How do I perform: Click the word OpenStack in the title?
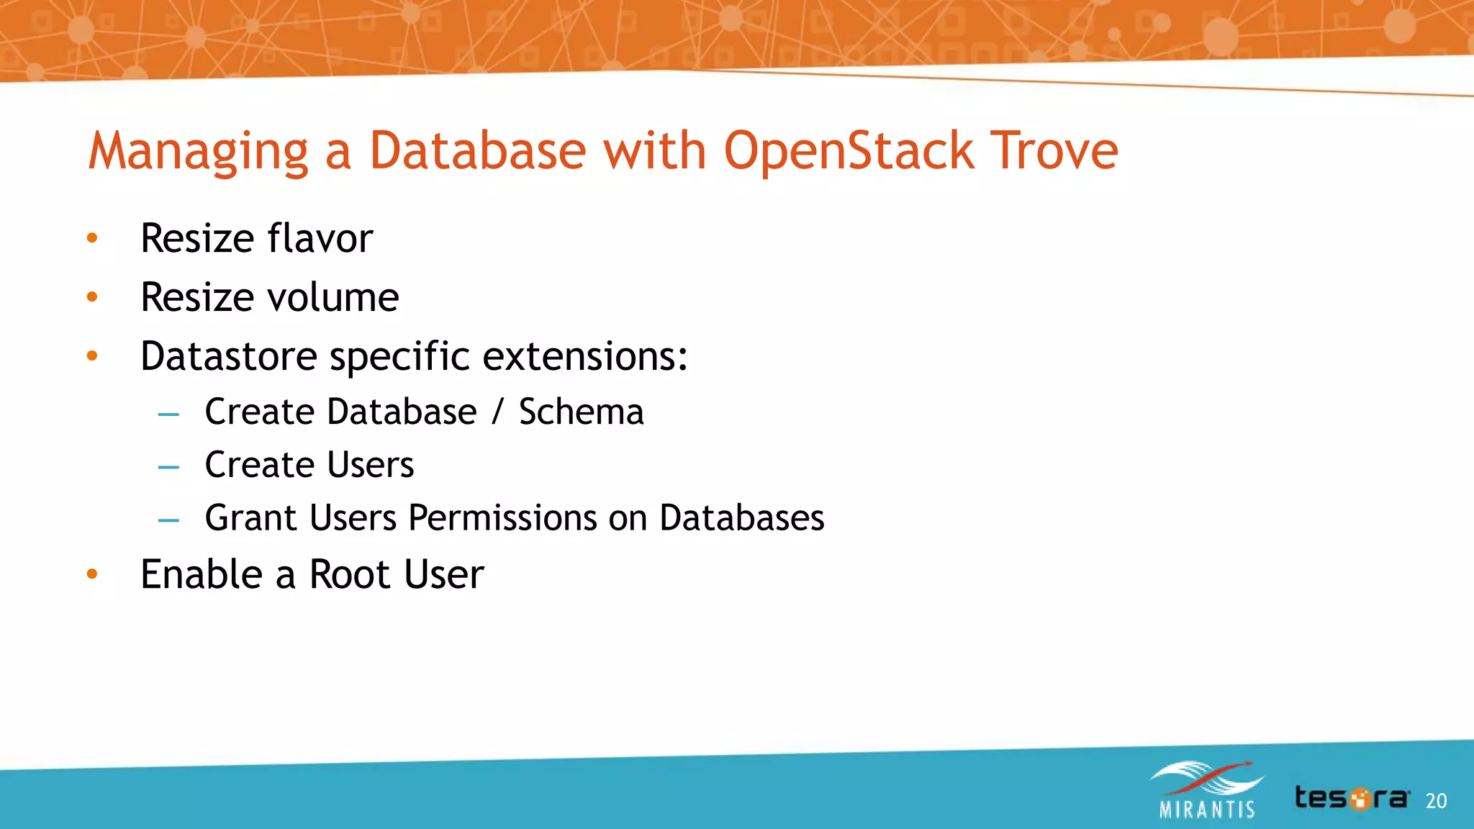tap(849, 151)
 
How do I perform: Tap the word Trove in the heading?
tap(1054, 151)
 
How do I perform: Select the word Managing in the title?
tap(199, 153)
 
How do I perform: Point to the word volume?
tap(333, 297)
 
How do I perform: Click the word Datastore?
tap(229, 356)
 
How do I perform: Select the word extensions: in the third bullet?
tap(585, 356)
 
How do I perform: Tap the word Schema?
tap(581, 412)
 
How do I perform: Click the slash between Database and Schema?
tap(497, 412)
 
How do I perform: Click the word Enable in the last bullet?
tap(202, 574)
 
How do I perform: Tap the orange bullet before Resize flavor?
tap(92, 238)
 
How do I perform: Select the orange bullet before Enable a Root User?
tap(92, 574)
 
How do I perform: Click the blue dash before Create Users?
tap(168, 468)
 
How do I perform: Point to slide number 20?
tap(1436, 801)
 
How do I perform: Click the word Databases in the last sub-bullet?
tap(741, 518)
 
